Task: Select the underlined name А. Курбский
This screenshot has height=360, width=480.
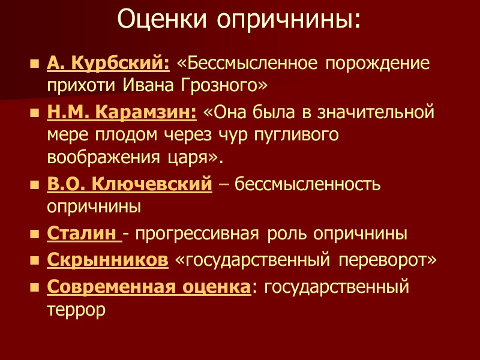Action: (x=108, y=63)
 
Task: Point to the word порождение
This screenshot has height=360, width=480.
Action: (x=377, y=63)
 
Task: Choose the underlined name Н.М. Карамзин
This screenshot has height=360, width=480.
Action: (x=122, y=112)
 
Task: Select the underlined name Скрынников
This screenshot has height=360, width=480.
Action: (x=107, y=260)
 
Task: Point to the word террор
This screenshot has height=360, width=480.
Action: (x=76, y=309)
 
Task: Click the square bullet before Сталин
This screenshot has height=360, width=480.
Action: (x=34, y=233)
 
